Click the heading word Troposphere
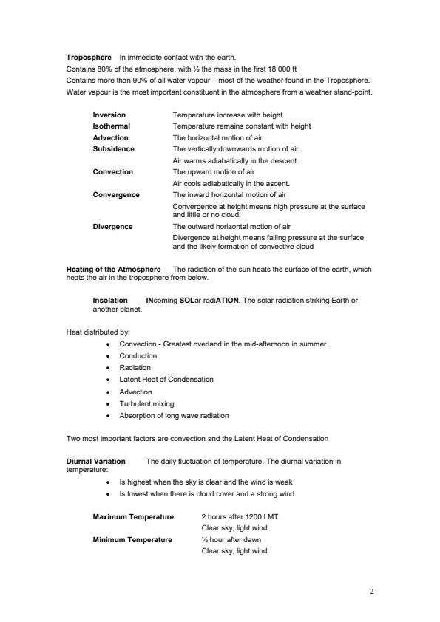89,57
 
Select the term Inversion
109,115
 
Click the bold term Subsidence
113,148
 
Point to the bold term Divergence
112,227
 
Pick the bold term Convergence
115,194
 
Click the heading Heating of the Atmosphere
113,270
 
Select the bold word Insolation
110,301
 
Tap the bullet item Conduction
138,356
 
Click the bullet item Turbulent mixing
146,403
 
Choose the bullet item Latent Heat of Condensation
166,380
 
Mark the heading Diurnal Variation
95,462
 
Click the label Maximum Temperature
133,516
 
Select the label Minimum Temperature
132,540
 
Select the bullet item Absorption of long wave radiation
174,415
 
